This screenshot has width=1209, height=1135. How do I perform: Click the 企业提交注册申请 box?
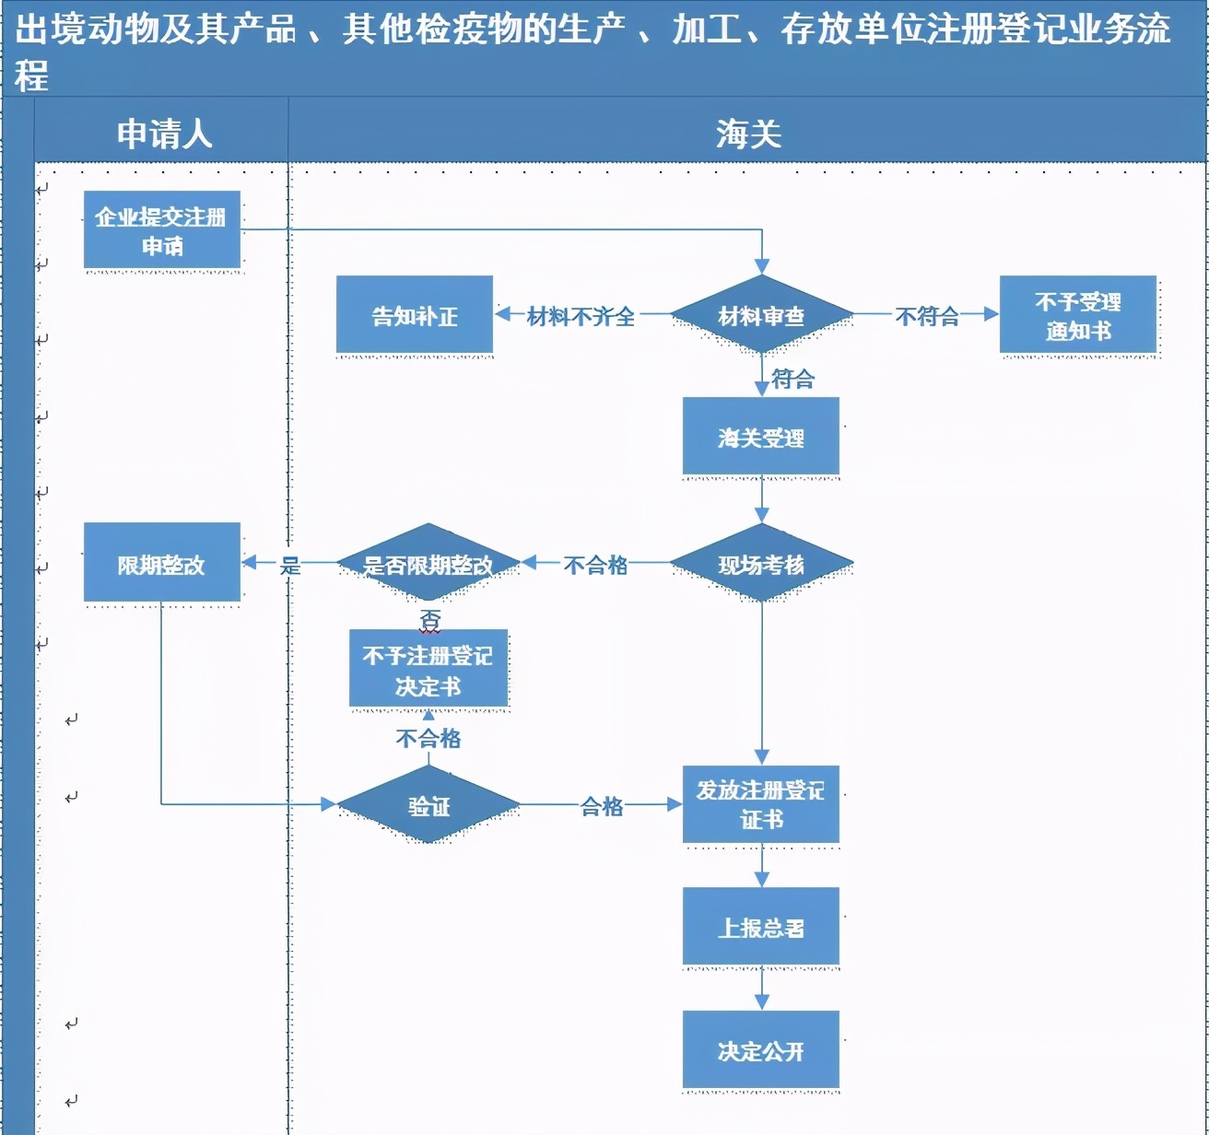coord(162,230)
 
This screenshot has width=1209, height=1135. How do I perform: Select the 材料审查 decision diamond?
coord(761,315)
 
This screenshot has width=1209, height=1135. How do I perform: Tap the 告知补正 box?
coord(415,315)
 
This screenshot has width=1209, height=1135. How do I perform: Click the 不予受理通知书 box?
coord(1078,315)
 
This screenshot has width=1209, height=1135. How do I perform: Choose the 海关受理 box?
coord(761,437)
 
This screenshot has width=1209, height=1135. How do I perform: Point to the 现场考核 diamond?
coord(761,564)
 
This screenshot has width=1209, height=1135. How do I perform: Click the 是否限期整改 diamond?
coord(428,564)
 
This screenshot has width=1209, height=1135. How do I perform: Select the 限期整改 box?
coord(162,564)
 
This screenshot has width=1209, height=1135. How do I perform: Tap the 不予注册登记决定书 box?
coord(428,670)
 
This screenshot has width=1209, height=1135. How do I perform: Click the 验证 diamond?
coord(428,805)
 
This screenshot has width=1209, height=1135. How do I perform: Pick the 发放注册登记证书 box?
coord(761,804)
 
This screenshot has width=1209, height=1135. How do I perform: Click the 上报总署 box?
coord(761,927)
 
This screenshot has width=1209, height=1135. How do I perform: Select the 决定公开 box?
coord(761,1050)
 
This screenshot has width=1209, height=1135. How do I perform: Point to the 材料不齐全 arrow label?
coord(581,316)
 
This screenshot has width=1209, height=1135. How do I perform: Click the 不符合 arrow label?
coord(927,316)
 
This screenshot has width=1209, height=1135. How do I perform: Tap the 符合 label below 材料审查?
coord(792,378)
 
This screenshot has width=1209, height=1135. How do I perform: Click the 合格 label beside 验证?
coord(602,806)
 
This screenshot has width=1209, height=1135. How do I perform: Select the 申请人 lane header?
coord(164,135)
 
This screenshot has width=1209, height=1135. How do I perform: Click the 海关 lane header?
coord(748,135)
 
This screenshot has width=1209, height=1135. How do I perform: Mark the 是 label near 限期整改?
coord(290,565)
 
